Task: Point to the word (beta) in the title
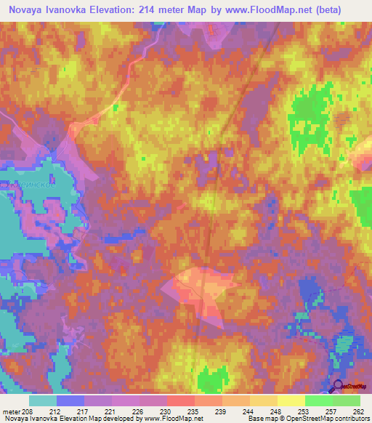[344, 9]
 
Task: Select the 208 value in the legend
[28, 412]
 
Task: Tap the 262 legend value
[357, 412]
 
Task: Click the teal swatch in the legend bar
[43, 400]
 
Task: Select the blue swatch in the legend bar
[70, 400]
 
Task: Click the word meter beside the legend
[12, 412]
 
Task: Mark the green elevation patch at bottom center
[212, 379]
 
